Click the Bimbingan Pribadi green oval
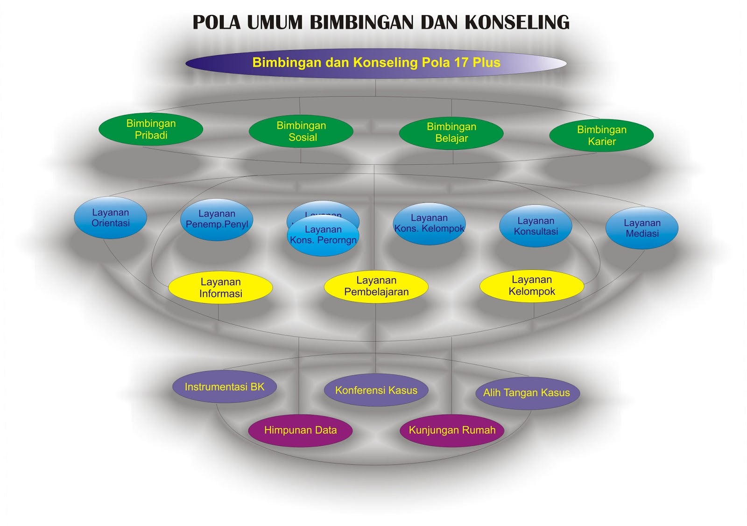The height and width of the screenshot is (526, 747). coord(151,129)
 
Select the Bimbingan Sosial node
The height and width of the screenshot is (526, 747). coord(301,131)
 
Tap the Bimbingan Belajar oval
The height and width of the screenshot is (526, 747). coord(451,133)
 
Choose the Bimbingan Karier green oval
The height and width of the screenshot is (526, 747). coord(601,135)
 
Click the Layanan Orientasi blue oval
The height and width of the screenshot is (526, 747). coord(111,217)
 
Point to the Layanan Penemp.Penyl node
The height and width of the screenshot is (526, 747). coord(217,219)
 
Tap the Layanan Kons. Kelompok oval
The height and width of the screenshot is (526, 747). coord(429,223)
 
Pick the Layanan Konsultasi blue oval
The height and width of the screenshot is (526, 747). coord(536,226)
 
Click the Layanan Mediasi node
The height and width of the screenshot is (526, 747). coord(642,228)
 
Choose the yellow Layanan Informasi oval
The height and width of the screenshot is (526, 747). coord(220,288)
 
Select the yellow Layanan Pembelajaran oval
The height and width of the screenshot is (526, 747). coord(376,286)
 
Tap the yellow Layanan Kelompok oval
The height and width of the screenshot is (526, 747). coord(532,286)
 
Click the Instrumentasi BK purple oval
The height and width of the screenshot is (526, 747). coord(225,387)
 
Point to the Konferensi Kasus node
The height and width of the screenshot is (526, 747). coord(376,390)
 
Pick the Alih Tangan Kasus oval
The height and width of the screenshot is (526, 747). coord(527,393)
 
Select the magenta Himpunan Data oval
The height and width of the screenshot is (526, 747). coord(300,430)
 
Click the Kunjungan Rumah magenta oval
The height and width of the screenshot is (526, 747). coord(452,430)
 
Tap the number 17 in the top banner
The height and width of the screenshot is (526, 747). coord(461,63)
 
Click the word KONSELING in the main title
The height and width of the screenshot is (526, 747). coord(517,22)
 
